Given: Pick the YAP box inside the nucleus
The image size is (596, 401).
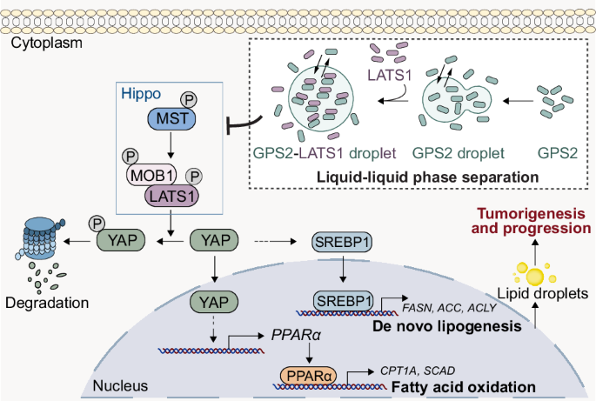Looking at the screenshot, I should click(x=213, y=301).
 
